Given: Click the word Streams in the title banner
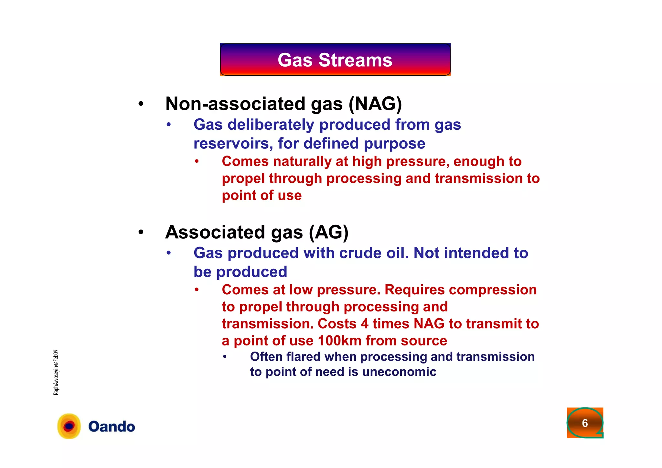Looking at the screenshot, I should (355, 60).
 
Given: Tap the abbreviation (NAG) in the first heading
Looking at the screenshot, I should (375, 104).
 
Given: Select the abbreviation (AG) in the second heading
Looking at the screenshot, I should (328, 232).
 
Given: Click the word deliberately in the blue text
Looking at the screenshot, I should (271, 125).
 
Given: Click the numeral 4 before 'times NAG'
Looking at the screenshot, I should (365, 324).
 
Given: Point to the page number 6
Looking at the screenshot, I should (585, 423).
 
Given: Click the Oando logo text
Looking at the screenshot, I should (112, 427).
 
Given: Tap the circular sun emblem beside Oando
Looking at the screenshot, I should (69, 426).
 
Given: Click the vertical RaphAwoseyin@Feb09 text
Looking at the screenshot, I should (56, 372).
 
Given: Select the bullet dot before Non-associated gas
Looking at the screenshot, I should (141, 104).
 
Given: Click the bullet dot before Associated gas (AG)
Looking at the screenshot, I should (141, 233).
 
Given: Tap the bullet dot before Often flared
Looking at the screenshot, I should (225, 357).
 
